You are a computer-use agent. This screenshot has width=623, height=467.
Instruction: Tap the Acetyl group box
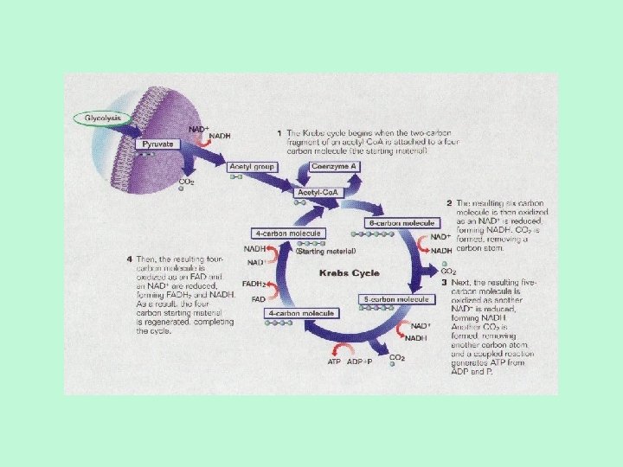tap(251, 165)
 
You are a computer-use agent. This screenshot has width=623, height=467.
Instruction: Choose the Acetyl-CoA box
tap(318, 192)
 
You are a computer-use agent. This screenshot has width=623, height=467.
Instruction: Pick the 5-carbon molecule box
tap(395, 299)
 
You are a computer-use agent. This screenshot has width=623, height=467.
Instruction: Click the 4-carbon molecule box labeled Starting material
tap(288, 233)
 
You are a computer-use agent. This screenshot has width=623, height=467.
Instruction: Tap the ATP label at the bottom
tap(334, 362)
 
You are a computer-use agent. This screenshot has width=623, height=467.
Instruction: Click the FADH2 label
tap(253, 284)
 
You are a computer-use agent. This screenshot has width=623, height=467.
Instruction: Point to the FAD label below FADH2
tap(259, 299)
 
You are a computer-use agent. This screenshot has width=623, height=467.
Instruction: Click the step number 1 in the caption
tap(279, 133)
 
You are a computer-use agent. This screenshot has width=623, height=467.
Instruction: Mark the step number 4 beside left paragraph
tap(129, 258)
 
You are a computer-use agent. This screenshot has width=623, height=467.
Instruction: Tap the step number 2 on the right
tap(449, 202)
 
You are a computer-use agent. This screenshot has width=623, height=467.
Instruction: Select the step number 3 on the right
tap(444, 282)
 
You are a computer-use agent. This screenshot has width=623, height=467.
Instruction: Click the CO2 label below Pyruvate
tap(186, 182)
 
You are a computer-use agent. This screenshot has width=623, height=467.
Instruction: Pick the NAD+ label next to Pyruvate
tap(199, 129)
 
